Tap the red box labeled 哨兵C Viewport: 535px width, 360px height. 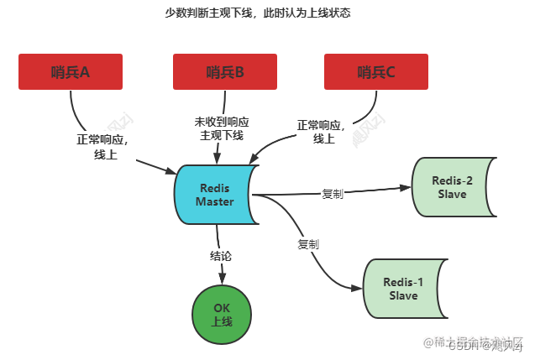click(x=375, y=72)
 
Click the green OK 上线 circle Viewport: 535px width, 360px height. click(x=222, y=316)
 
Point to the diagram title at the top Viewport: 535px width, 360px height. click(x=258, y=13)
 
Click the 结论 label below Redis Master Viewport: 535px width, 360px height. click(x=222, y=254)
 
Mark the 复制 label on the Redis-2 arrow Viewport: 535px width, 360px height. click(x=332, y=194)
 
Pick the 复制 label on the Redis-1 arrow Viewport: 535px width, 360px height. click(x=307, y=244)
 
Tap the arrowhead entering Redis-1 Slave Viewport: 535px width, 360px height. click(x=356, y=290)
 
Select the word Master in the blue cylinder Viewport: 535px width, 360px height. click(x=215, y=201)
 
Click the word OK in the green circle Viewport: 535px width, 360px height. click(x=222, y=308)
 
